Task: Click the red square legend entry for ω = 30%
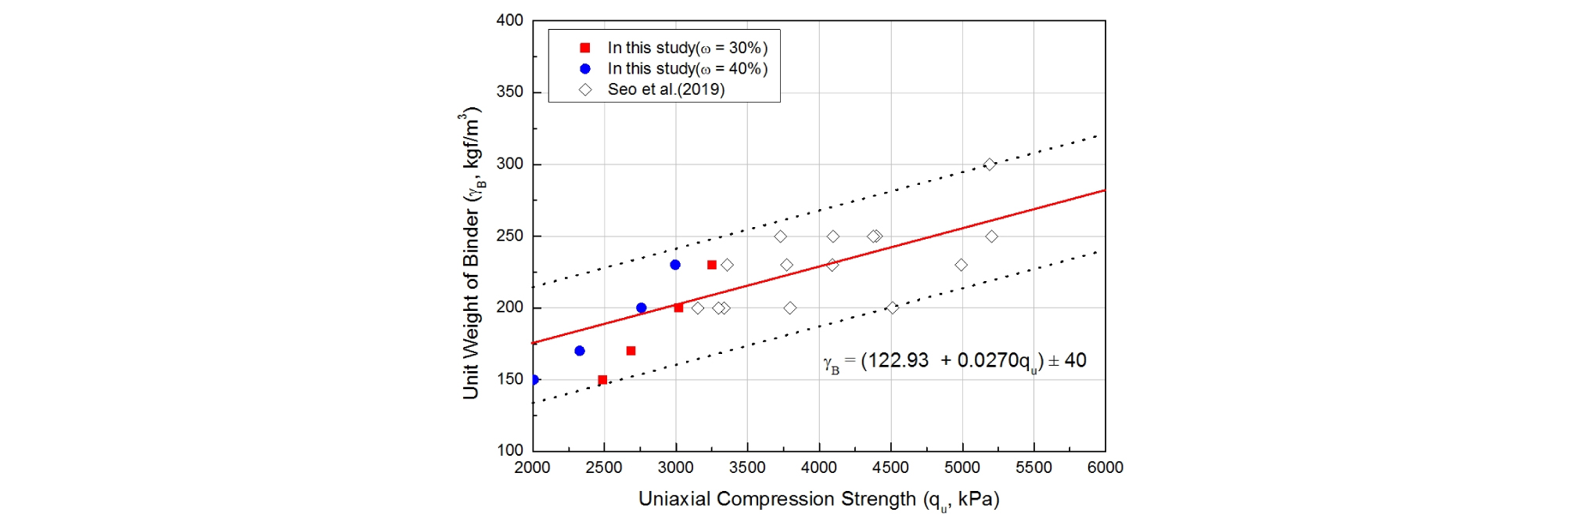(x=584, y=48)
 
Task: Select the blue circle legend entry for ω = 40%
(x=584, y=69)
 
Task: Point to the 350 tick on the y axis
(x=510, y=92)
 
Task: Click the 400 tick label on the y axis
(x=510, y=20)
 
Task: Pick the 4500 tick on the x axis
(x=890, y=468)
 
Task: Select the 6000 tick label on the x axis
(x=1105, y=468)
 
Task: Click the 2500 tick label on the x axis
(x=604, y=468)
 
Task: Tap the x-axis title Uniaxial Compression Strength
(x=818, y=500)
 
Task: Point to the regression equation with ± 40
(x=954, y=361)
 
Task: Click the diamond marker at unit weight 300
(x=990, y=164)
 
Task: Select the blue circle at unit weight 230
(x=675, y=265)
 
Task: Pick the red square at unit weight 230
(x=712, y=265)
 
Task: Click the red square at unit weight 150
(x=602, y=380)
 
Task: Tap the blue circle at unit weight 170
(x=580, y=351)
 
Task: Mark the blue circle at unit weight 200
(x=642, y=308)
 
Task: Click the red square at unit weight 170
(x=631, y=351)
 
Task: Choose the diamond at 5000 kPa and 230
(x=962, y=265)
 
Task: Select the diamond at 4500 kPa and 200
(x=893, y=308)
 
